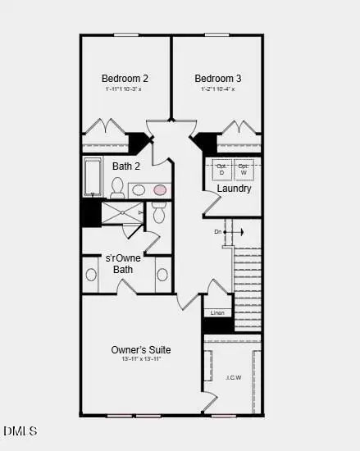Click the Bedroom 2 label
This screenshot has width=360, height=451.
125,79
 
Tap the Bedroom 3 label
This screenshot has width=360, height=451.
217,79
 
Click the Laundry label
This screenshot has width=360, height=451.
234,189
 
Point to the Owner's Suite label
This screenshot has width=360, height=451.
142,350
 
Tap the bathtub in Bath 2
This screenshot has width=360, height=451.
96,176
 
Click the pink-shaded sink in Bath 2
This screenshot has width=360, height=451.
160,189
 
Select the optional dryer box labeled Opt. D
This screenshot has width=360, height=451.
221,170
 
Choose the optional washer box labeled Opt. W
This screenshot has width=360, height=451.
244,170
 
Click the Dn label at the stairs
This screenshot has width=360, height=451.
218,232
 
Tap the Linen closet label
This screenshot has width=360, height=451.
217,312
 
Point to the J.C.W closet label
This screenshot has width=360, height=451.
233,378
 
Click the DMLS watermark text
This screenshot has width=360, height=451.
20,430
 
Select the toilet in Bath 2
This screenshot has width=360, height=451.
117,188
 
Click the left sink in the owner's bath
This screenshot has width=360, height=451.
90,275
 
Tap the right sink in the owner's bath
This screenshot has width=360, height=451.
162,275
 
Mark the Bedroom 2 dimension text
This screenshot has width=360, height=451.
125,89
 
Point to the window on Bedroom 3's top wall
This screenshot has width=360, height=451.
218,34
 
